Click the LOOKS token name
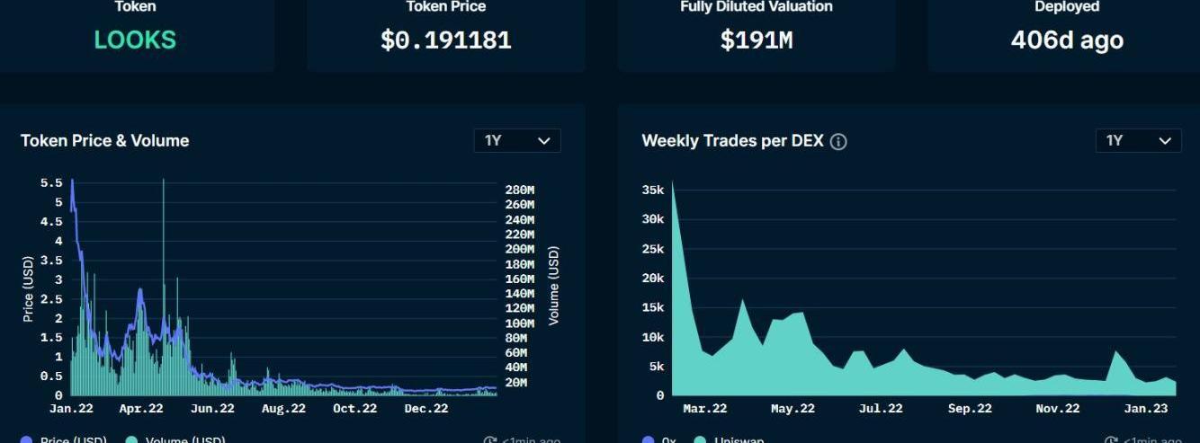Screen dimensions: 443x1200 click(135, 40)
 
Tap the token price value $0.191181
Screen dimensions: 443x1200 click(446, 40)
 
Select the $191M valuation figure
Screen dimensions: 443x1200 click(756, 40)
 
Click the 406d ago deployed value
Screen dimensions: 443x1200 click(1067, 40)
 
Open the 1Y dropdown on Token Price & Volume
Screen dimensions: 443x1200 click(517, 140)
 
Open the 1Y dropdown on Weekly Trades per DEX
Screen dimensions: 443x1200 click(1138, 140)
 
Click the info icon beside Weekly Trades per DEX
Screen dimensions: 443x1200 click(838, 142)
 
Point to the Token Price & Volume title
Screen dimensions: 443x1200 click(104, 140)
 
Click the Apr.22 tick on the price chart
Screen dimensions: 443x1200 click(141, 409)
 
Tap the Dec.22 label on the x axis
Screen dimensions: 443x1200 click(425, 409)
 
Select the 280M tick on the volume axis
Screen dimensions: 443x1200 click(519, 190)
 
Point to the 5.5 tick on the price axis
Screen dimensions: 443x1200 click(51, 182)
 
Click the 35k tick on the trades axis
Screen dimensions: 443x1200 click(653, 190)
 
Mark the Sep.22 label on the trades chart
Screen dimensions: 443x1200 click(970, 409)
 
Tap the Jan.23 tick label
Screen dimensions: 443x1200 click(1147, 409)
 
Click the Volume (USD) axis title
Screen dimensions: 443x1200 click(554, 286)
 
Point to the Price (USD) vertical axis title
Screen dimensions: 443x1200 click(27, 288)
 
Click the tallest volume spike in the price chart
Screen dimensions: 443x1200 click(163, 184)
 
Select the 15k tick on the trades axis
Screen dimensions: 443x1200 click(653, 307)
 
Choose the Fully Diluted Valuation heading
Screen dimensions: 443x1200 click(756, 7)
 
